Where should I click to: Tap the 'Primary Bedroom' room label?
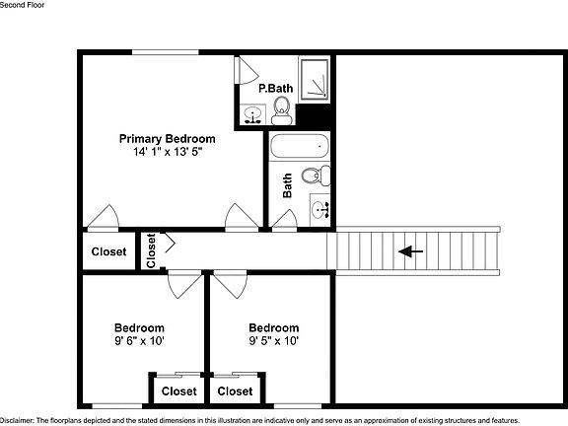pos(167,139)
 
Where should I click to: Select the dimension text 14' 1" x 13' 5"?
pos(167,153)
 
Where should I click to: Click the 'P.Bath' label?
pos(275,89)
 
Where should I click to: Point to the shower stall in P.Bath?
pos(316,79)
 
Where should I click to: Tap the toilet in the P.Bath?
pos(281,107)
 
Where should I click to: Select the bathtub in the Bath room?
pos(298,147)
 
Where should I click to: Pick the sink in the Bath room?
pos(319,208)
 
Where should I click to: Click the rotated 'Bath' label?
pos(287,186)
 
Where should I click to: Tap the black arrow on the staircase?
pos(410,251)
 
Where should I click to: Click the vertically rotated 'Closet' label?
pos(151,250)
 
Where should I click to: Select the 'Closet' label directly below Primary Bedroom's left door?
pos(108,251)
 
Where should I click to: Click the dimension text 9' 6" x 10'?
pos(139,341)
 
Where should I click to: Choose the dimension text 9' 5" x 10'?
pos(273,341)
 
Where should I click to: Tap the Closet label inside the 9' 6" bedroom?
pos(178,391)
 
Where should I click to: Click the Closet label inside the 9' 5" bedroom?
pos(235,391)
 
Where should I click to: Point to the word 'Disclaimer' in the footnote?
pos(18,420)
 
